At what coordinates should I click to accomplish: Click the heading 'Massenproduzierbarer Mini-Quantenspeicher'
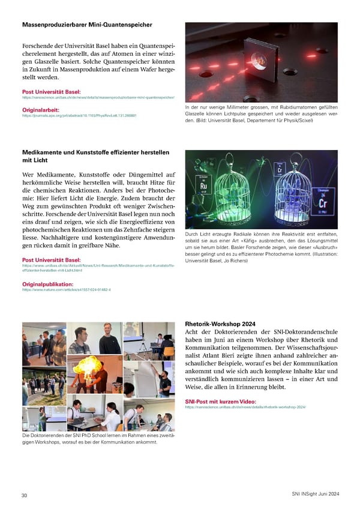point(86,25)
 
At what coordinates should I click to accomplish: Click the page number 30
point(24,495)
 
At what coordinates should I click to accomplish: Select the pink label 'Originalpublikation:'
point(47,283)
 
